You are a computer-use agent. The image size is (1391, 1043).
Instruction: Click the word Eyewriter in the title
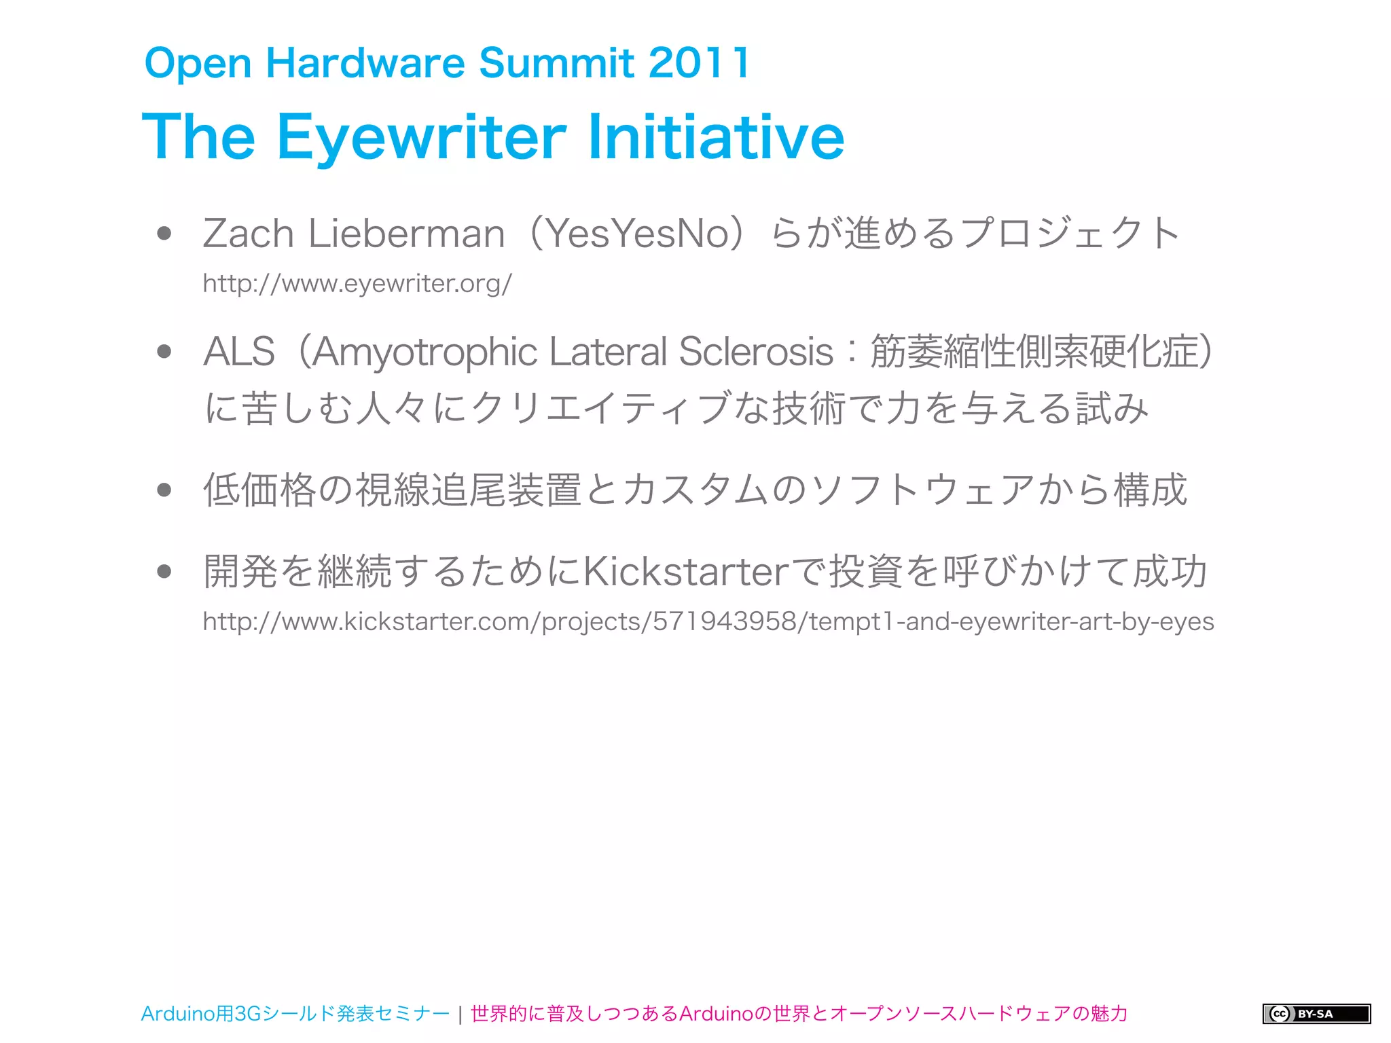pos(421,137)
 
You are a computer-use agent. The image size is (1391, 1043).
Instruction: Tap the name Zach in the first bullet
pos(248,234)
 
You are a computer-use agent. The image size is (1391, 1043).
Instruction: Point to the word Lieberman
pos(406,234)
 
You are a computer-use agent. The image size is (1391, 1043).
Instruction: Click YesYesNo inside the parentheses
pos(638,234)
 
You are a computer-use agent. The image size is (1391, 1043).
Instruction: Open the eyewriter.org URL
pos(357,283)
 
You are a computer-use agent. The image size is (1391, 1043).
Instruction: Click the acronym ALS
pos(239,352)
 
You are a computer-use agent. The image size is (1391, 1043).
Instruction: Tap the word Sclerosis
pos(756,352)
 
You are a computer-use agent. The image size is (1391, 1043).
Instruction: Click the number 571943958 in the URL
pos(724,621)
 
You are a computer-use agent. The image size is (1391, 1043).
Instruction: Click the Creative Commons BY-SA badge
pos(1316,1014)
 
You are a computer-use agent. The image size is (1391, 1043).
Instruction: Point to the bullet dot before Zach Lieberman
pos(164,234)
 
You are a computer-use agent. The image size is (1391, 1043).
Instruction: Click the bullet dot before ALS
pos(164,352)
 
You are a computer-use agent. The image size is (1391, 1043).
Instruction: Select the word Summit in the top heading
pos(557,62)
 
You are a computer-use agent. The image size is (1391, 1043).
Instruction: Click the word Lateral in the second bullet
pos(608,352)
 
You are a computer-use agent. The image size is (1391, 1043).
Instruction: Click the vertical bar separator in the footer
pos(460,1014)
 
